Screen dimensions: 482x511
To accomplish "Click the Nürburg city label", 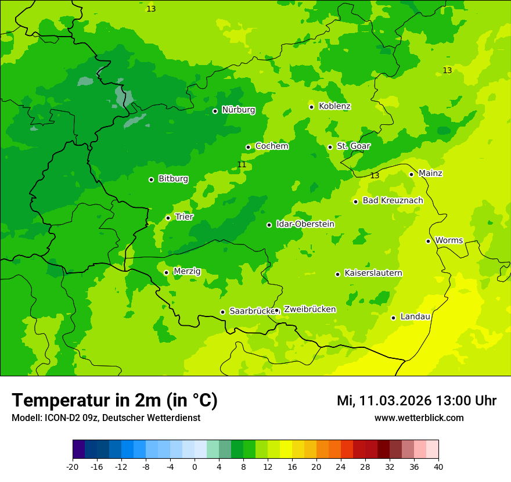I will pyautogui.click(x=238, y=110).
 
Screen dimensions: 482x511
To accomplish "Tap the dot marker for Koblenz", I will pyautogui.click(x=312, y=107).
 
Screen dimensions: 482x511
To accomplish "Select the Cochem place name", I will pyautogui.click(x=272, y=146).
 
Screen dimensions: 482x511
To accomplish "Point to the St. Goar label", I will pyautogui.click(x=353, y=146).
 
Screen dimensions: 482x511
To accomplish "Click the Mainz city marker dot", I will pyautogui.click(x=411, y=174).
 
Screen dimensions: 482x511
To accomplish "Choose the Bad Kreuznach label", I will pyautogui.click(x=393, y=201).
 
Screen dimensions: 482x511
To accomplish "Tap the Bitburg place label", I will pyautogui.click(x=173, y=179).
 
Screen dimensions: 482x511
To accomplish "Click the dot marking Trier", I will pyautogui.click(x=168, y=218).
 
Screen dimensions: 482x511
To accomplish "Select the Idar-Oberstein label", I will pyautogui.click(x=305, y=224).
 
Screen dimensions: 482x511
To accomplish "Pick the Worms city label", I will pyautogui.click(x=449, y=240).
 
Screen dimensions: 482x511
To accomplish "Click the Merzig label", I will pyautogui.click(x=187, y=271).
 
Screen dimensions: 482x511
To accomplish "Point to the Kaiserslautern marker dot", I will pyautogui.click(x=337, y=274).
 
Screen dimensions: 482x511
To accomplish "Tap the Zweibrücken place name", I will pyautogui.click(x=310, y=310).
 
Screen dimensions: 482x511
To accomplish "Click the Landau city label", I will pyautogui.click(x=415, y=317).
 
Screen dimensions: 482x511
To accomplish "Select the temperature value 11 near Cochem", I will pyautogui.click(x=242, y=165).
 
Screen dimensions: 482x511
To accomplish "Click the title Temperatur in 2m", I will pyautogui.click(x=115, y=400).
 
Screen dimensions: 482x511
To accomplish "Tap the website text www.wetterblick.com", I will pyautogui.click(x=419, y=418).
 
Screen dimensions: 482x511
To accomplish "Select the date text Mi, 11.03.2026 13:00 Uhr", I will pyautogui.click(x=416, y=401).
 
